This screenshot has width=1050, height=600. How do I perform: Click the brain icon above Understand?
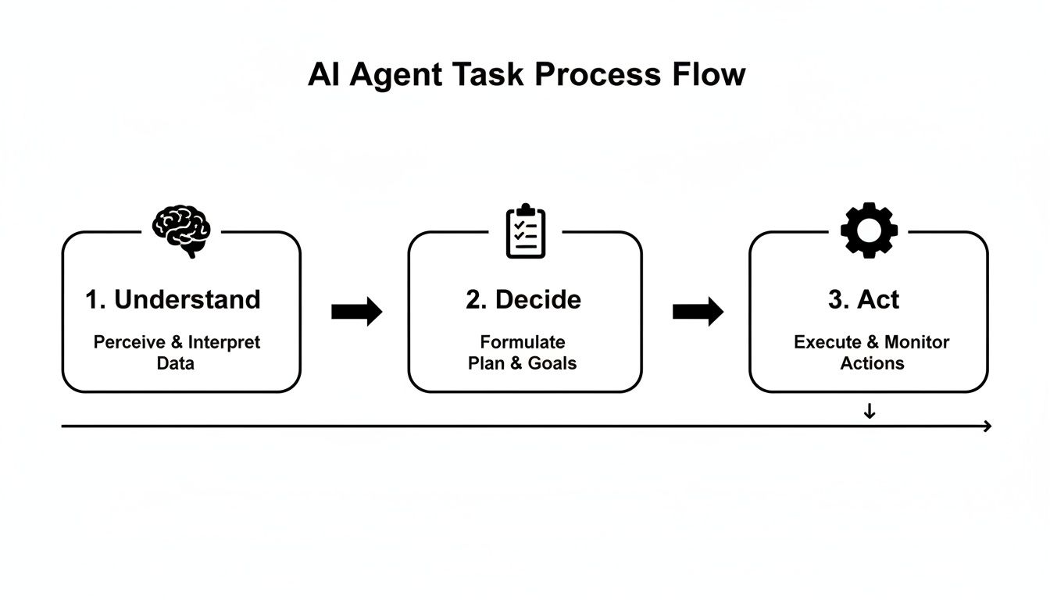181,231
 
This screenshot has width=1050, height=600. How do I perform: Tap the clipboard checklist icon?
526,231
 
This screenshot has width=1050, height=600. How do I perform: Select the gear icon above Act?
869,230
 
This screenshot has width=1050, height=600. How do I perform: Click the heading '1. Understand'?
173,299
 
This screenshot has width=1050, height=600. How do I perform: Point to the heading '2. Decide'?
523,299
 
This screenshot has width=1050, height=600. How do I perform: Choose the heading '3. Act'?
863,299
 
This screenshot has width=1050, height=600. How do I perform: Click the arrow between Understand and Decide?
357,312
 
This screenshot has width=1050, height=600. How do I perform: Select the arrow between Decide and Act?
698,312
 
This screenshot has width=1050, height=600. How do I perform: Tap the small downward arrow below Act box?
870,412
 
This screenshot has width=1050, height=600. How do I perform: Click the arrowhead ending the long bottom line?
987,426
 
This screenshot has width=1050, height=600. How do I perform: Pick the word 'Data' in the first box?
176,363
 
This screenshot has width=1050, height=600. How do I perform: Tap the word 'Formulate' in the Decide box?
523,342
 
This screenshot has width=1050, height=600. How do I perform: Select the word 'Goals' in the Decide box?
552,363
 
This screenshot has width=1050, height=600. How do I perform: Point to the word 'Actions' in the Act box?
872,363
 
